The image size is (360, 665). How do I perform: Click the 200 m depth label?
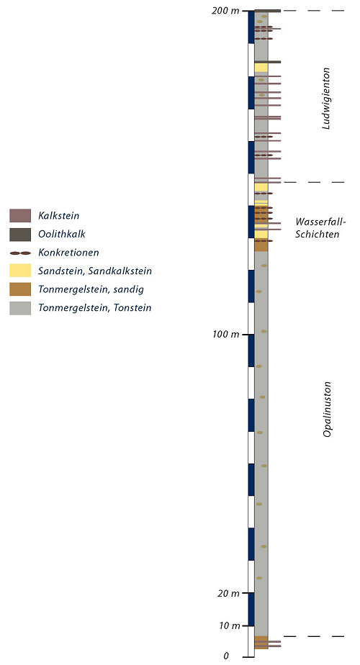pyautogui.click(x=225, y=11)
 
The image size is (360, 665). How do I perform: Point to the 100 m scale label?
pyautogui.click(x=225, y=335)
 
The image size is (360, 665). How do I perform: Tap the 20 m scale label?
pyautogui.click(x=228, y=593)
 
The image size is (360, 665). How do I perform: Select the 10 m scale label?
pyautogui.click(x=228, y=625)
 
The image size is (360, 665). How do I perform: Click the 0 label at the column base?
pyautogui.click(x=226, y=656)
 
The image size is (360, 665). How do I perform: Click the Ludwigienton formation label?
pyautogui.click(x=326, y=99)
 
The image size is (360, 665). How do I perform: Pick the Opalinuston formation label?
pyautogui.click(x=327, y=409)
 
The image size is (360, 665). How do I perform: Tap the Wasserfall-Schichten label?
pyautogui.click(x=320, y=228)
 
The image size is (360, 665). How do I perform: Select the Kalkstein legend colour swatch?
pyautogui.click(x=20, y=215)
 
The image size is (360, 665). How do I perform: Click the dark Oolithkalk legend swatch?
pyautogui.click(x=20, y=234)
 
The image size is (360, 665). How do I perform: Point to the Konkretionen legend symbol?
pyautogui.click(x=20, y=253)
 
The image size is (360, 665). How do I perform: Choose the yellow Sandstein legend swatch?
pyautogui.click(x=20, y=271)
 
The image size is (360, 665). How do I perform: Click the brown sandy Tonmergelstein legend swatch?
pyautogui.click(x=20, y=289)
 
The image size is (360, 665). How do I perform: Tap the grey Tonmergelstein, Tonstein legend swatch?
pyautogui.click(x=20, y=308)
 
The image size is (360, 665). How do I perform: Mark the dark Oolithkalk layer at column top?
pyautogui.click(x=267, y=11)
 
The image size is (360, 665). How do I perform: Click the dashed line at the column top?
pyautogui.click(x=313, y=11)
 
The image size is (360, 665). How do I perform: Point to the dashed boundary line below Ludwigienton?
pyautogui.click(x=313, y=182)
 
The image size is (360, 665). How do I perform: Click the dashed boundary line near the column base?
pyautogui.click(x=313, y=636)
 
